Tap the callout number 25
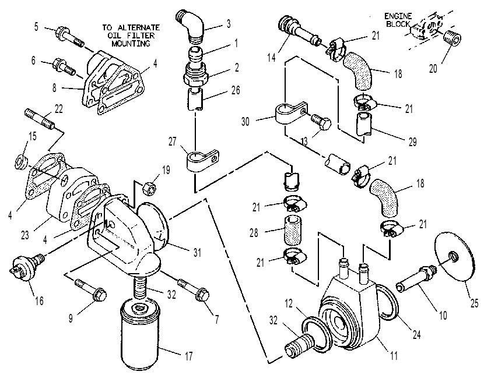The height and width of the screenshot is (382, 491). (474, 303)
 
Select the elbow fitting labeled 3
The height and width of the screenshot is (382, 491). (191, 27)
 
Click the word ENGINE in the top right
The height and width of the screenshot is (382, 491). (398, 16)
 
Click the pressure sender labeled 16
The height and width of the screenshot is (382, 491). (27, 266)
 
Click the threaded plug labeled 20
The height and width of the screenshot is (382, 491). (453, 39)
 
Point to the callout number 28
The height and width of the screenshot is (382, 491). (254, 233)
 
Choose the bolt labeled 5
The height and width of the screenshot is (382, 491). (70, 37)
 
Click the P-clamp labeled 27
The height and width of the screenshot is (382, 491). (203, 160)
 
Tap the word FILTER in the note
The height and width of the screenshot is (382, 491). (140, 36)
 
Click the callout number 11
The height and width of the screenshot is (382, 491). (394, 355)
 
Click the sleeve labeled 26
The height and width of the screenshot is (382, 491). (196, 99)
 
